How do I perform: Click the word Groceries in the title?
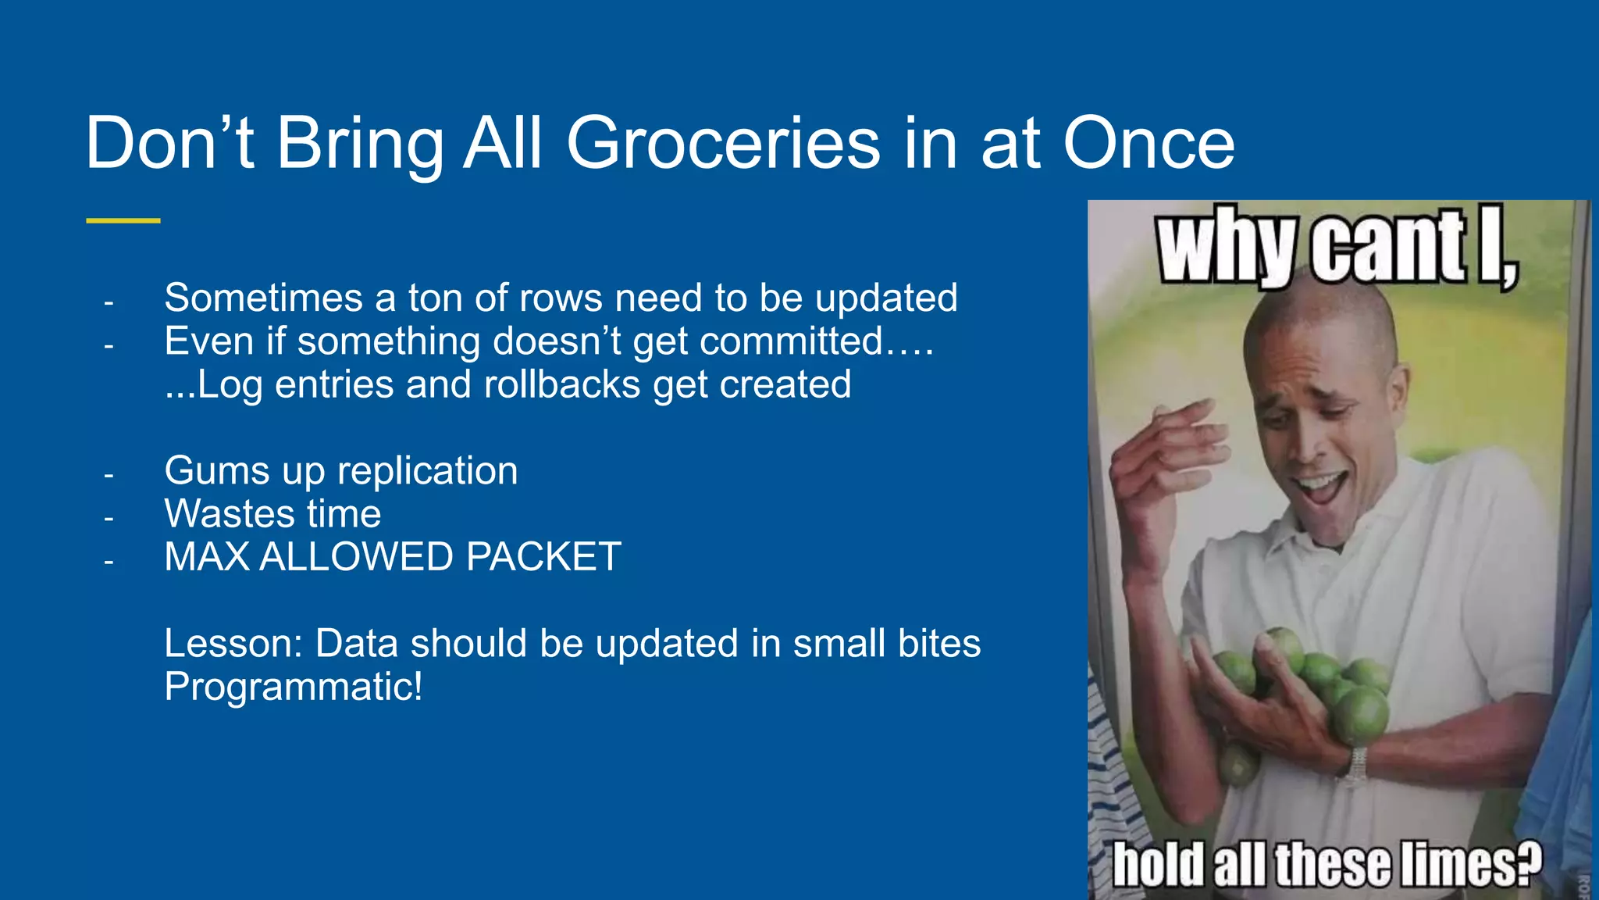tap(723, 144)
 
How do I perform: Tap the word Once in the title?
tap(1149, 144)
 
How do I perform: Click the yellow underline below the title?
tap(123, 221)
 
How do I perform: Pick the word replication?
tap(427, 471)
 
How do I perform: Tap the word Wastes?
tap(230, 514)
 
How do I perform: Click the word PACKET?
tap(543, 557)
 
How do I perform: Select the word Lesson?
tap(233, 644)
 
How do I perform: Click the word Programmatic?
tap(293, 687)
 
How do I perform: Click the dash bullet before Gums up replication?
tap(109, 474)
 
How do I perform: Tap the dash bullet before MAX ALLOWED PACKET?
tap(109, 561)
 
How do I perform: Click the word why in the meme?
tap(1226, 246)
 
